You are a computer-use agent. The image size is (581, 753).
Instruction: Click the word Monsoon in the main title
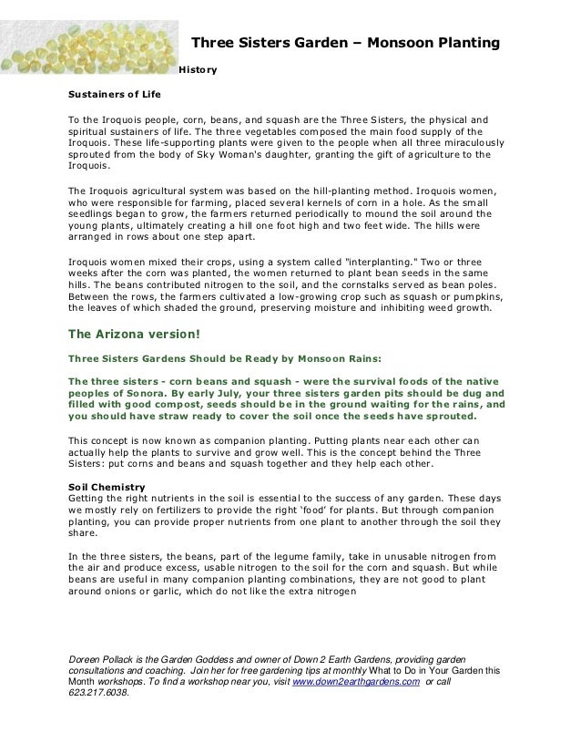(392, 42)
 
